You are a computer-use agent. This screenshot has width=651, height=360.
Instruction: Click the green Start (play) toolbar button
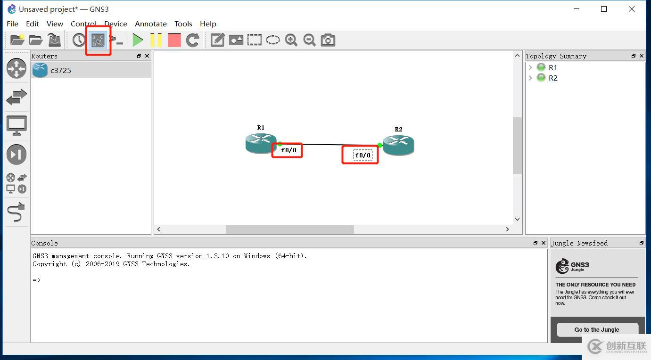[138, 40]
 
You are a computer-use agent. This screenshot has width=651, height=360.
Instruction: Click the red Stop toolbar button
[174, 40]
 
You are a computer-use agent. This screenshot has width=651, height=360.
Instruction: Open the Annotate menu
[150, 24]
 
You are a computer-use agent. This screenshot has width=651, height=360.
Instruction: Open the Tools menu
[183, 24]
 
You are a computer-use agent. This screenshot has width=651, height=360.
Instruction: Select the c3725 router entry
[60, 70]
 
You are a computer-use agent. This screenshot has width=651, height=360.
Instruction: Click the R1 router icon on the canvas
[261, 143]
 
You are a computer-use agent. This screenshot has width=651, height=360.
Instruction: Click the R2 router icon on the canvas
[398, 145]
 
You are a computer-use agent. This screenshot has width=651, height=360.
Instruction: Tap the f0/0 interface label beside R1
[288, 150]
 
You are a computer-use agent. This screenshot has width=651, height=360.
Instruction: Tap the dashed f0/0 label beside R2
[363, 155]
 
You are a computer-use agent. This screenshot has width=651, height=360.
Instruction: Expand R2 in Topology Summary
[530, 78]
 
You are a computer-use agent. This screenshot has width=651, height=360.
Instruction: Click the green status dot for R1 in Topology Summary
[541, 67]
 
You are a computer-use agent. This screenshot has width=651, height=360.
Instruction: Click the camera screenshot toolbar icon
[328, 40]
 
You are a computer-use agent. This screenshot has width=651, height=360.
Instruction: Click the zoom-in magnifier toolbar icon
[291, 40]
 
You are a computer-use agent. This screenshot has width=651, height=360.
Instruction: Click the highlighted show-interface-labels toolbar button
[98, 40]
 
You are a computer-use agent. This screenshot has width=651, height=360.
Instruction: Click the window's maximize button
[604, 9]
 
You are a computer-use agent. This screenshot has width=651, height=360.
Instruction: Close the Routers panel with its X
[147, 56]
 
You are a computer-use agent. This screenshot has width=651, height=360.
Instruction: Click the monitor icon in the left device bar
[16, 126]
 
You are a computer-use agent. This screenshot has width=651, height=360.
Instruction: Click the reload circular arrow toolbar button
[193, 40]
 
